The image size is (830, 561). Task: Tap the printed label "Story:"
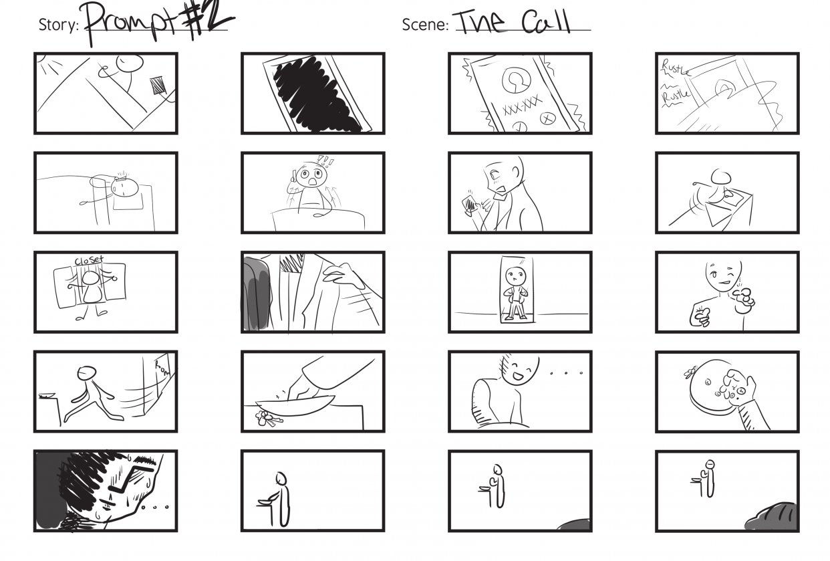click(x=59, y=26)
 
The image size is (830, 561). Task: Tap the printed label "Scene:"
click(x=425, y=25)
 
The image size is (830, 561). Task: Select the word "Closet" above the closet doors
click(x=88, y=260)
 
